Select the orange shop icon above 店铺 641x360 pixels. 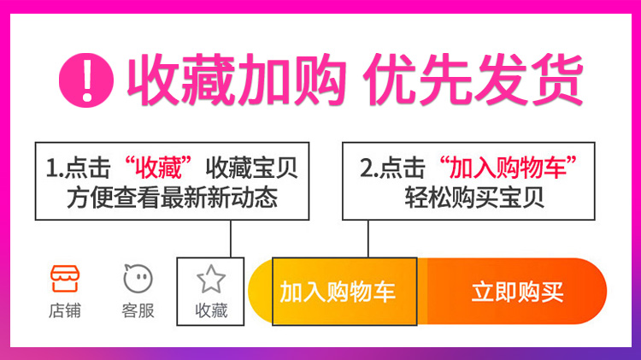[x=64, y=279]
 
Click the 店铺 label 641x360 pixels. [x=64, y=310]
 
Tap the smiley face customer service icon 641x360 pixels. [x=138, y=279]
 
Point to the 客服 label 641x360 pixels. [x=138, y=310]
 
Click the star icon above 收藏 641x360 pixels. [x=210, y=279]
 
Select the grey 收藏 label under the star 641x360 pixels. [x=210, y=310]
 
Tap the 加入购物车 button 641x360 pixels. [x=338, y=292]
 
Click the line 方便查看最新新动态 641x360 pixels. [x=172, y=198]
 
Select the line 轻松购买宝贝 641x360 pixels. [x=474, y=198]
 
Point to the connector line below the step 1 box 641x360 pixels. [x=232, y=239]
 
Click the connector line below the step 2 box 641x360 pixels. [x=368, y=239]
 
